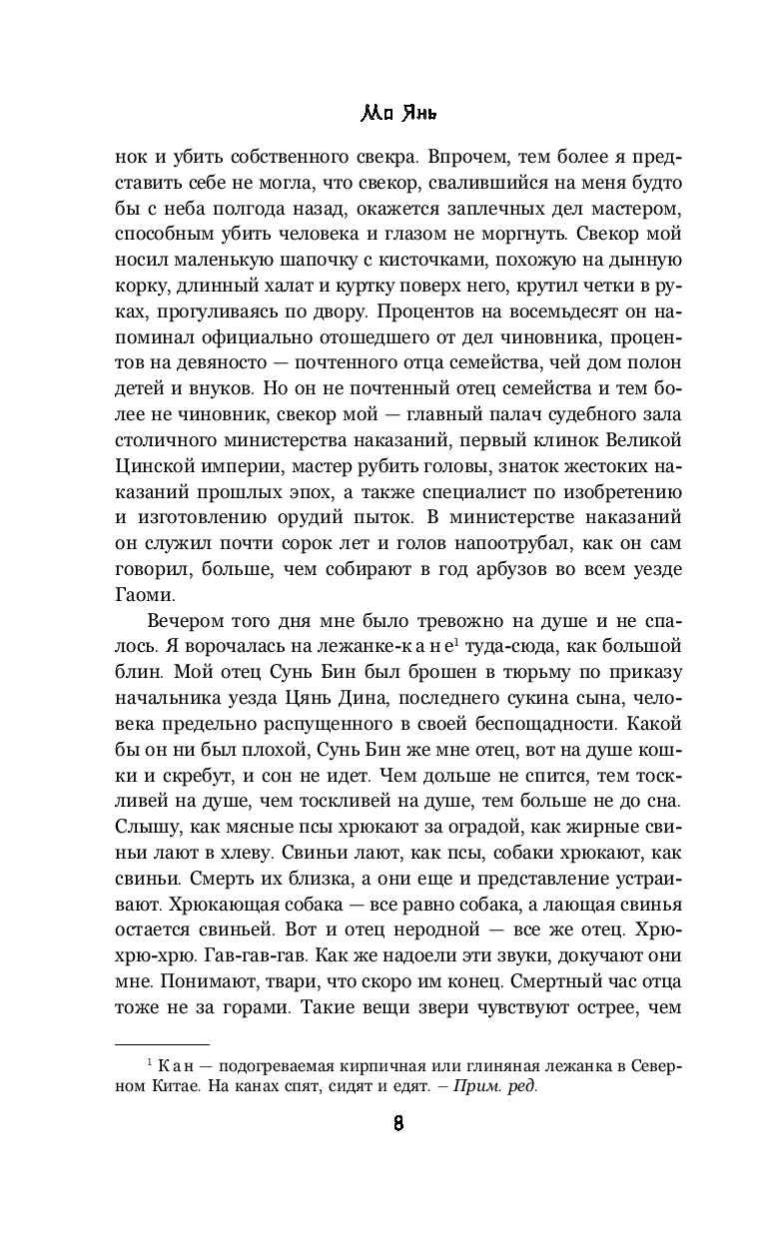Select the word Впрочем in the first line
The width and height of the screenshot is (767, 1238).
[457, 157]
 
